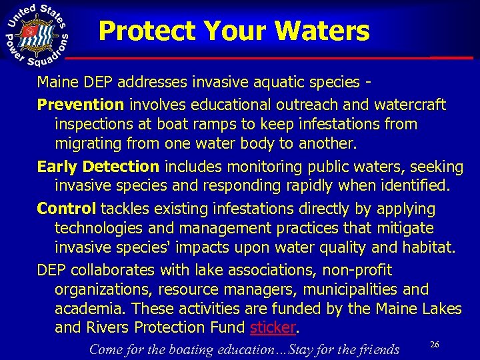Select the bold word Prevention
click(x=81, y=105)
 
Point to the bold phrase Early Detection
click(x=98, y=166)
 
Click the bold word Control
click(x=67, y=209)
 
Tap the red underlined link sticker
click(x=272, y=327)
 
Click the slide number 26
click(x=435, y=345)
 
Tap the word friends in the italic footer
click(x=377, y=349)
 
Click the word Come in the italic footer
click(x=105, y=349)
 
